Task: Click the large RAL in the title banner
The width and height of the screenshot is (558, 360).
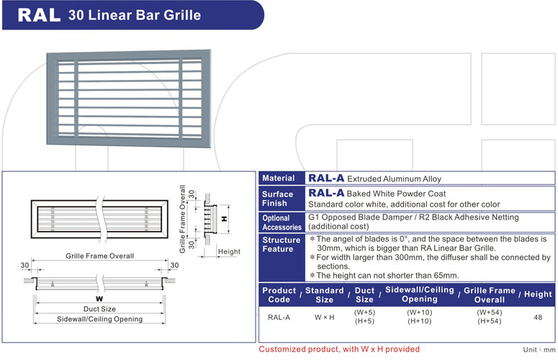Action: click(x=38, y=14)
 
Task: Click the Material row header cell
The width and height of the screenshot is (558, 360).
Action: click(x=278, y=179)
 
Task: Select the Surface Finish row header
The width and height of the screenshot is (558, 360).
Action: click(x=278, y=198)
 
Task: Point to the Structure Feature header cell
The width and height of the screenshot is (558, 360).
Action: click(x=282, y=245)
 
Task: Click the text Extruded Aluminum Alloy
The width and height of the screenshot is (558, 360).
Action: click(x=394, y=179)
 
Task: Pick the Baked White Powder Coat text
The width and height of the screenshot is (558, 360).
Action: click(x=396, y=194)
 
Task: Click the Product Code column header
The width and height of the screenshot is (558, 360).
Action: click(x=279, y=294)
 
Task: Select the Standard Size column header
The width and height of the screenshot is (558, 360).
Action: click(x=325, y=294)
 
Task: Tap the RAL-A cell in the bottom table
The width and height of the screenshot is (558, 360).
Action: click(x=279, y=317)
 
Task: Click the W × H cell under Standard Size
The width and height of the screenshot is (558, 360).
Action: click(x=325, y=317)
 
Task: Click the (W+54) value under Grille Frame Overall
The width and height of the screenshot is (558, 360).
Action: click(x=490, y=312)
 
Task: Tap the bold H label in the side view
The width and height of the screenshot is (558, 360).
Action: click(x=224, y=217)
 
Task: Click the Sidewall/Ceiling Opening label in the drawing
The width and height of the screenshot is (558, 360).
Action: click(x=89, y=319)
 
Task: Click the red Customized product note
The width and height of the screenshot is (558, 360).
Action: click(x=338, y=349)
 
